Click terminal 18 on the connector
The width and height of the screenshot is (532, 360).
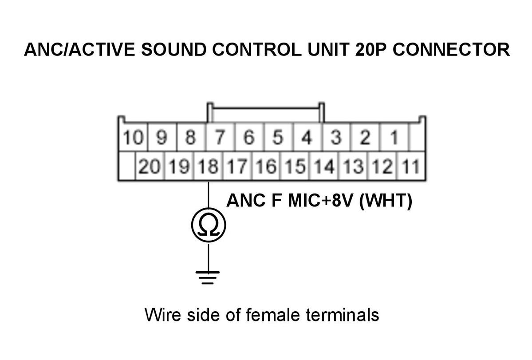208,166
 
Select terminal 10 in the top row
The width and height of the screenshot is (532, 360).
133,138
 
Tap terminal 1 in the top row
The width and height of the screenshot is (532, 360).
394,138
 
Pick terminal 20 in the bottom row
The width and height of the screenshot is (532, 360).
150,166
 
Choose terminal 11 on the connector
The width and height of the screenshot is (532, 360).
411,166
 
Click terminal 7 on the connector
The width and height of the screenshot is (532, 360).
220,138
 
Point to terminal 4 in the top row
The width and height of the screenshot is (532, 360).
307,138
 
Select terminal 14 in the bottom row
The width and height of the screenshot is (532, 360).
324,166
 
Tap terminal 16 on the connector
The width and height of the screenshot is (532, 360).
266,166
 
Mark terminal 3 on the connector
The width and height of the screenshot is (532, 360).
336,138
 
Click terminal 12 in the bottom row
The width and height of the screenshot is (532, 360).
382,166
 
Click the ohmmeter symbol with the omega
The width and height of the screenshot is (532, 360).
209,225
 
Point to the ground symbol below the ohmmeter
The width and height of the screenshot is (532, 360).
208,277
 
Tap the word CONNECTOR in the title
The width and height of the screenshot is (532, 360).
451,50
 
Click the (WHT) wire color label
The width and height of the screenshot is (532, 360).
386,200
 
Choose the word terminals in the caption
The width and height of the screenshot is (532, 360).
343,315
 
